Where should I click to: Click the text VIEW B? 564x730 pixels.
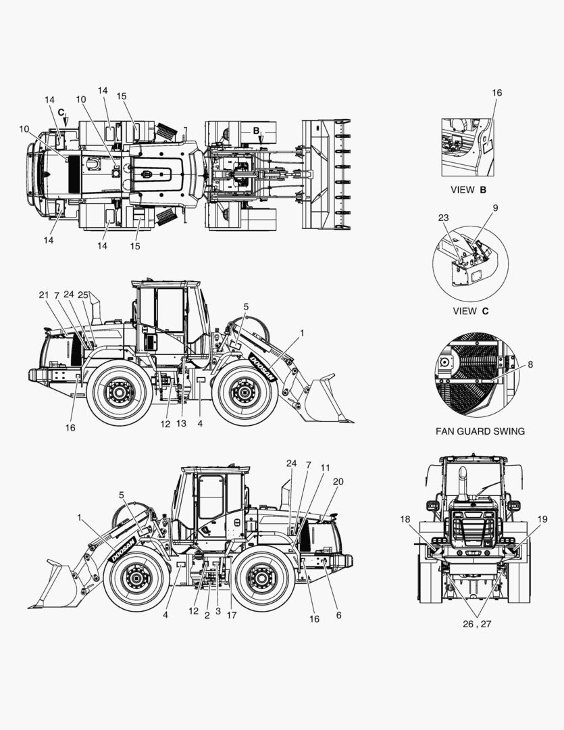coord(468,190)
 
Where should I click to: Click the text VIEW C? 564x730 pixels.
coord(471,311)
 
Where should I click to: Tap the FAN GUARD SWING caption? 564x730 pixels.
coord(480,431)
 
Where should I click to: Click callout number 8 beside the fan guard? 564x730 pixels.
coord(530,364)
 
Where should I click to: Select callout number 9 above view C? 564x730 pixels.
coord(495,208)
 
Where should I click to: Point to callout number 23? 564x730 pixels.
coord(444,218)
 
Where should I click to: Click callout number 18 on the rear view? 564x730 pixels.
coord(405,519)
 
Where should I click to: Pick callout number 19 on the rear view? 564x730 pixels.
coord(542,519)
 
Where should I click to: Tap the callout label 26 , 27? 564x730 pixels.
coord(477,625)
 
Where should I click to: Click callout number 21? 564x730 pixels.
coord(44,295)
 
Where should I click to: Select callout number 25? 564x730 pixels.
coord(83,295)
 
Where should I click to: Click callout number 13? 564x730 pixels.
coord(181,423)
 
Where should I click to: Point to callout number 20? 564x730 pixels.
coord(338,481)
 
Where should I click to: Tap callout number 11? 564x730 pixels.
coord(325,468)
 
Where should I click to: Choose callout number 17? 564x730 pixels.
coord(232,615)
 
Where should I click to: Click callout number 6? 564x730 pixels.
coord(339,615)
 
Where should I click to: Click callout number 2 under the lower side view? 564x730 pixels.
coord(207,616)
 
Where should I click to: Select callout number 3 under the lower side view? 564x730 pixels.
coord(218,611)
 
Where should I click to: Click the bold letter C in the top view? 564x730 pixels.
coord(61,112)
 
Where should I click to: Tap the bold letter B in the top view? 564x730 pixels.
coord(256,131)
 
